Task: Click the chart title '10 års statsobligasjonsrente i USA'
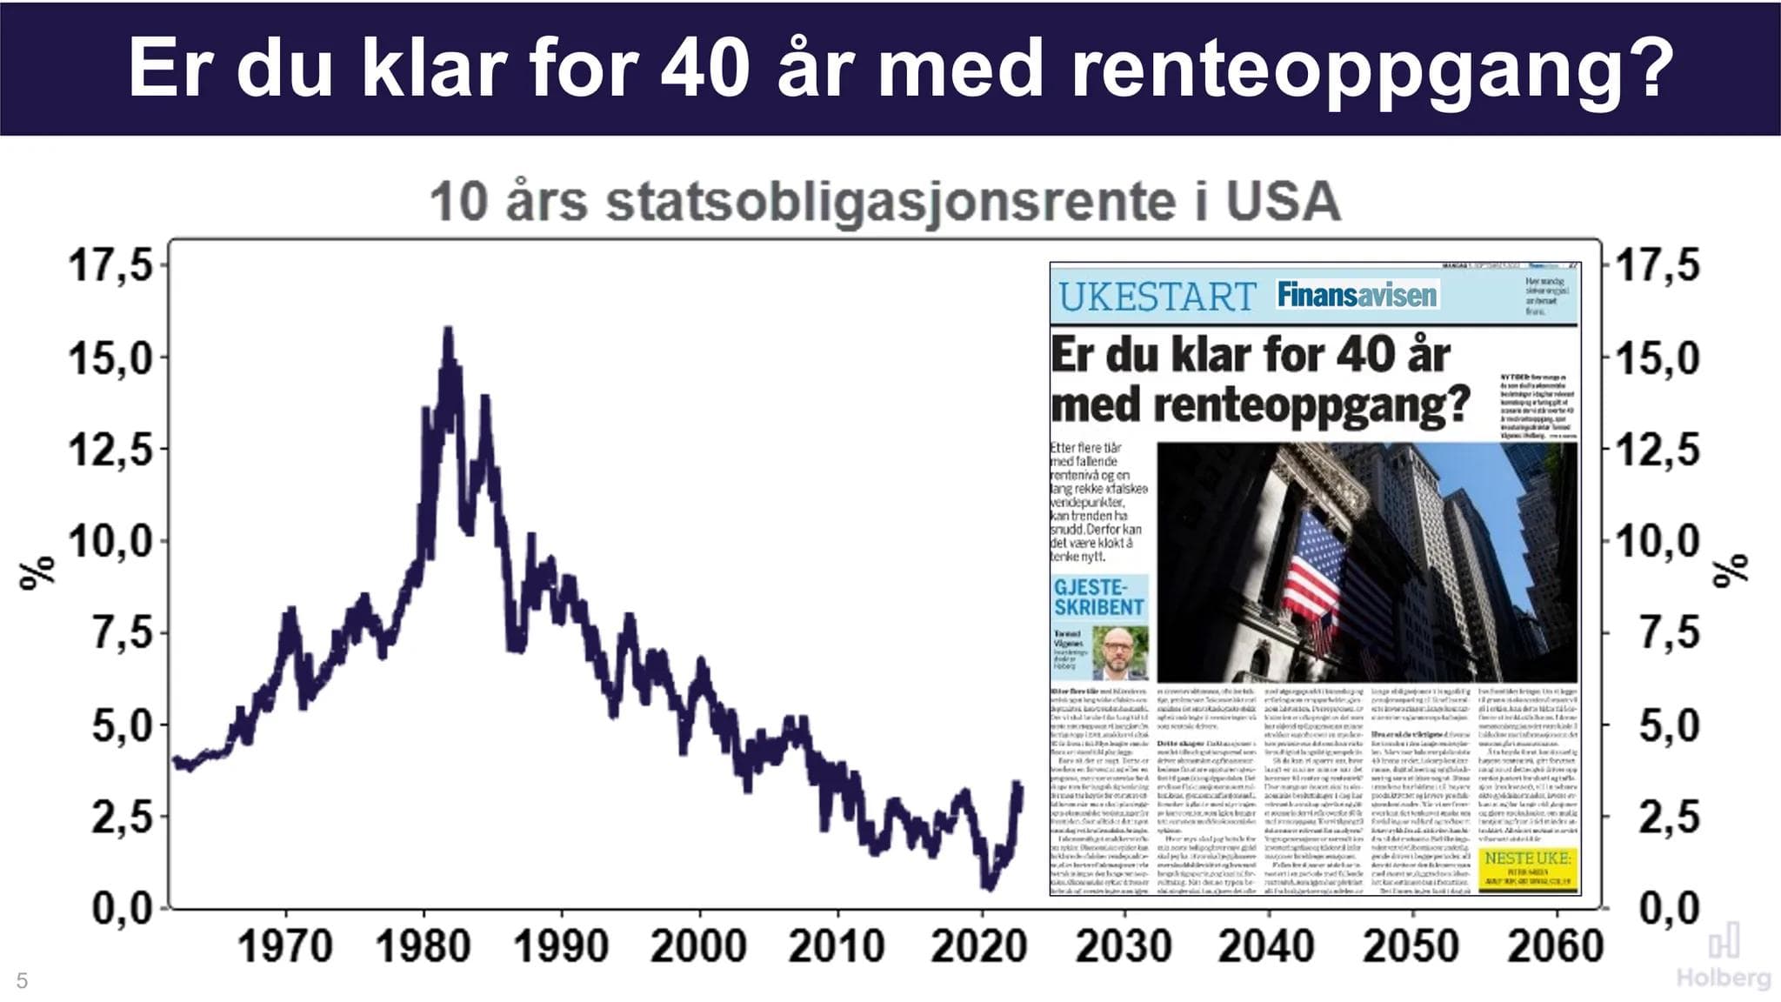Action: click(884, 202)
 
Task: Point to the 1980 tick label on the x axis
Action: click(423, 946)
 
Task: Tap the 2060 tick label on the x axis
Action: click(1555, 946)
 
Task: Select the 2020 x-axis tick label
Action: click(979, 946)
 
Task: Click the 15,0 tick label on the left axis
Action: click(110, 358)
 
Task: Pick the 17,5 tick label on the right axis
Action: click(1657, 264)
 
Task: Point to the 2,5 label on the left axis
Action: click(122, 818)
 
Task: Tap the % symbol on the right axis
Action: click(1731, 571)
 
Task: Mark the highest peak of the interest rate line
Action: click(448, 331)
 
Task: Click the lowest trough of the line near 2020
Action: click(988, 887)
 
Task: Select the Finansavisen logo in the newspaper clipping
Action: click(1357, 295)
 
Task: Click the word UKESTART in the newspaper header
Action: click(1157, 297)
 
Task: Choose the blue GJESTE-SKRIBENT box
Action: click(1099, 598)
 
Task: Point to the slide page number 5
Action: click(23, 981)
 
